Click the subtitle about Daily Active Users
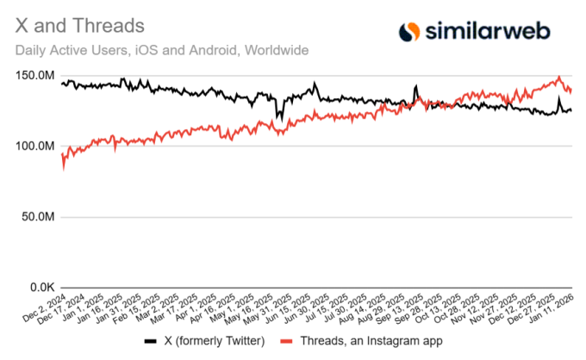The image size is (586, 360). point(162,50)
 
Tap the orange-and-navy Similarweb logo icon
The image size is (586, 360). point(409,32)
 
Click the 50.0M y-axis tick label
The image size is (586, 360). point(41,217)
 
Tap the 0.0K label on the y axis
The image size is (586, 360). point(43,288)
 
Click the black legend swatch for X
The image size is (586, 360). point(151,341)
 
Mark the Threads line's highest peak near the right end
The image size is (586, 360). point(558,77)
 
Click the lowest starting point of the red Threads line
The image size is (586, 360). point(63,169)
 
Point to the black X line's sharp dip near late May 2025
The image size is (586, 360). point(277,117)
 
